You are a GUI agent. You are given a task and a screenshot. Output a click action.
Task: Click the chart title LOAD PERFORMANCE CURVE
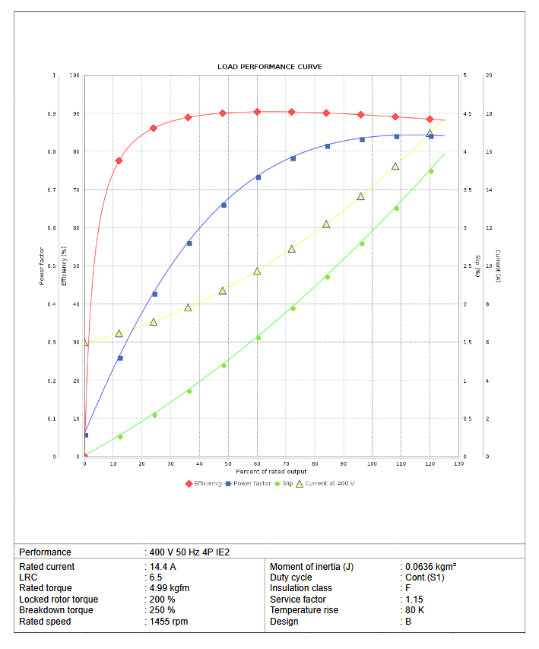pyautogui.click(x=269, y=67)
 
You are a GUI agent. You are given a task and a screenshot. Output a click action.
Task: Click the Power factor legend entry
pyautogui.click(x=251, y=483)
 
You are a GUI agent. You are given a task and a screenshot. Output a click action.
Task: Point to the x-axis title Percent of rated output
pyautogui.click(x=271, y=472)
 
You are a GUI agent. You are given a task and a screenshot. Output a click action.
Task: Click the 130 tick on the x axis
pyautogui.click(x=458, y=463)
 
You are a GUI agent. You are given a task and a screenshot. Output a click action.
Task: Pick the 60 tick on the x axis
pyautogui.click(x=257, y=463)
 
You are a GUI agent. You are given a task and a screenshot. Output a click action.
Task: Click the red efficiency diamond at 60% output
pyautogui.click(x=257, y=112)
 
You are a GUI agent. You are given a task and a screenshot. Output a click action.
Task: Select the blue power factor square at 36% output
pyautogui.click(x=189, y=243)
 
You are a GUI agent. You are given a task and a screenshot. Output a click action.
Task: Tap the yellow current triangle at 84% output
pyautogui.click(x=326, y=224)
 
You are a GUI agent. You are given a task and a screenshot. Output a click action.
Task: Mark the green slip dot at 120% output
pyautogui.click(x=431, y=171)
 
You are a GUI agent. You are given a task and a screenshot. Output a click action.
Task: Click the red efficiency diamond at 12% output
pyautogui.click(x=119, y=161)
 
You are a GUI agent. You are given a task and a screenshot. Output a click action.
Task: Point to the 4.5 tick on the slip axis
pyautogui.click(x=467, y=114)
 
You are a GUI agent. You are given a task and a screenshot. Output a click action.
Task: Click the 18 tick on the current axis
pyautogui.click(x=489, y=114)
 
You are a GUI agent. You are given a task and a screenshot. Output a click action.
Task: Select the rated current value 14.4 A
pyautogui.click(x=163, y=567)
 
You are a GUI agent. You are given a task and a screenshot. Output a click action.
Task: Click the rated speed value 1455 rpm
pyautogui.click(x=169, y=622)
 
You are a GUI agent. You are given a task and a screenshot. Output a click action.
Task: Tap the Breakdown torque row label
pyautogui.click(x=56, y=610)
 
